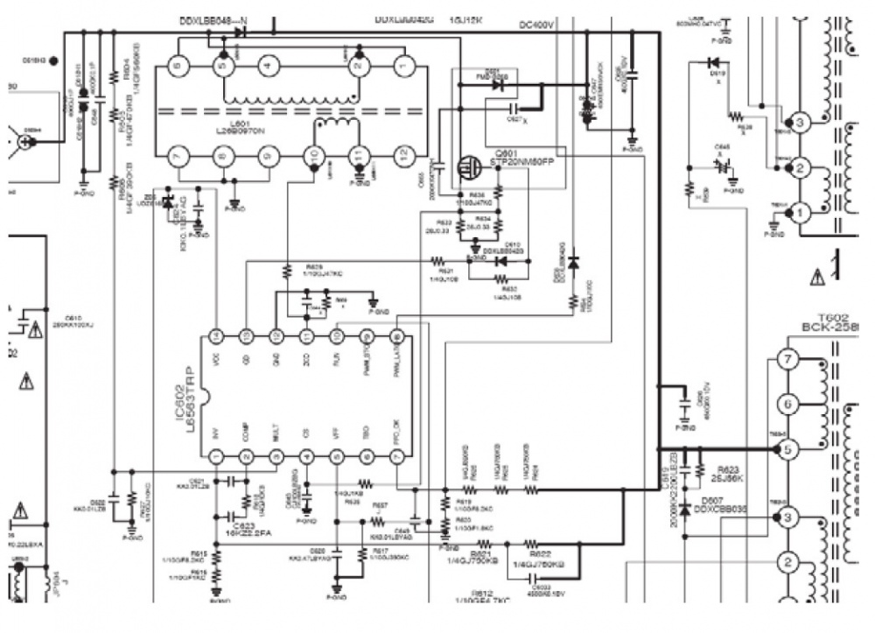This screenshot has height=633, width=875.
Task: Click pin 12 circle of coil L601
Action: pos(402,155)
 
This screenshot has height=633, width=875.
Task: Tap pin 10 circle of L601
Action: pos(313,155)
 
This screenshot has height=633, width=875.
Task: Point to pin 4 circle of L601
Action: pos(269,65)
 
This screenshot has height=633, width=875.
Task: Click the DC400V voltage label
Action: pos(536,25)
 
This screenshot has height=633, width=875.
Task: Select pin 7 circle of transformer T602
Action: pos(787,360)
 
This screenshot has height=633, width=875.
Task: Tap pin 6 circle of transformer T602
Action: pos(787,404)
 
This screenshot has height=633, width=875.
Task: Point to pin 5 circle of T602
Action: pos(787,449)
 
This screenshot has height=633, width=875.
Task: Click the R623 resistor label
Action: pos(730,469)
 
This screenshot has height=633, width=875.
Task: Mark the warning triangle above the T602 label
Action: pos(816,278)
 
